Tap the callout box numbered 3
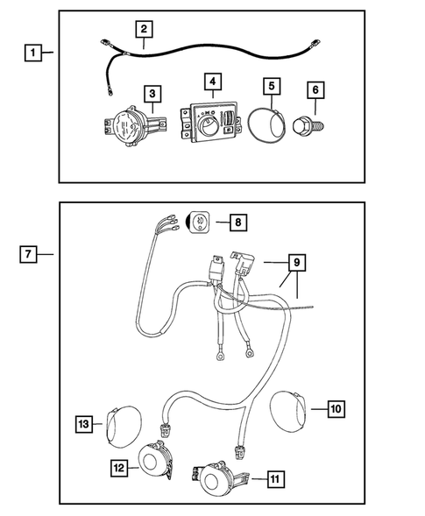[152, 93]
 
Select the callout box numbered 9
[296, 261]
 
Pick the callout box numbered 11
[275, 478]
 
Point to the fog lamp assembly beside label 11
[216, 480]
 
